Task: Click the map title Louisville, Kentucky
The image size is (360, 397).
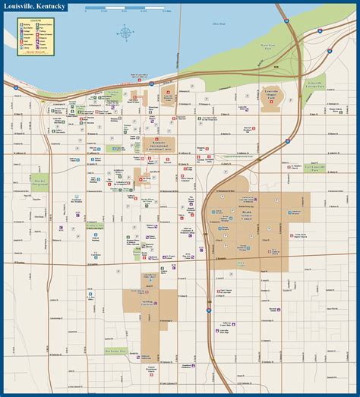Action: pos(35,7)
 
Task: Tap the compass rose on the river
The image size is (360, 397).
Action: pos(123,32)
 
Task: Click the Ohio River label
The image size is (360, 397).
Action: pos(220,25)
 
